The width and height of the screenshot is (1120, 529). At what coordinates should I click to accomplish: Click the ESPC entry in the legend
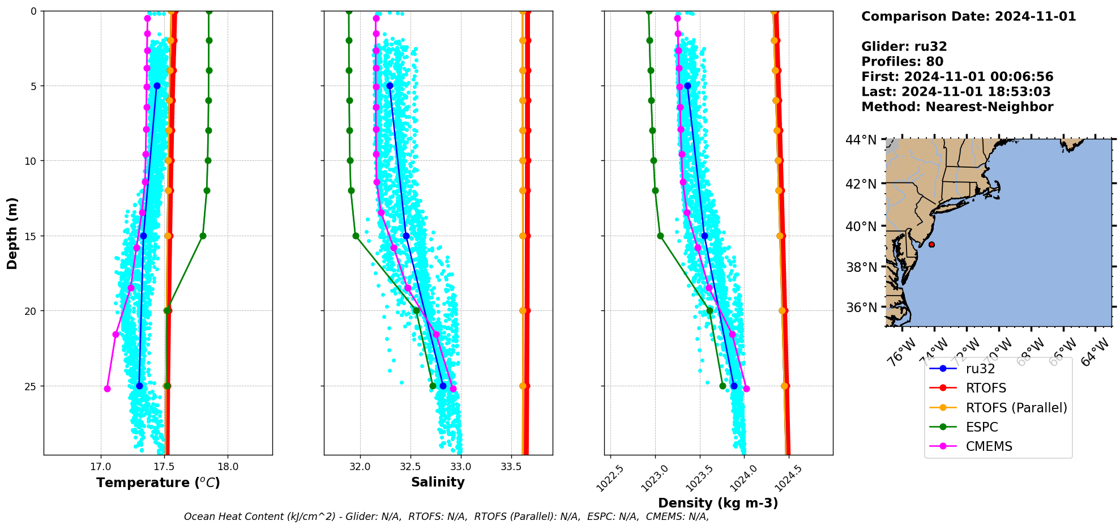(x=982, y=427)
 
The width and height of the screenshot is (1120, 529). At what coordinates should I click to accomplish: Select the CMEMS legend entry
(x=989, y=446)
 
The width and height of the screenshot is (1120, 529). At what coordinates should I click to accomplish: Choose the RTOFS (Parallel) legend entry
(x=1016, y=408)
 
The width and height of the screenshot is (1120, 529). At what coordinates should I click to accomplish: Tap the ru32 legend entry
(x=980, y=369)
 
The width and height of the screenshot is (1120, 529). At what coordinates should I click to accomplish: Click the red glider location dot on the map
(x=931, y=245)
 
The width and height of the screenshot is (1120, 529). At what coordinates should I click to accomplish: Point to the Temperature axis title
(x=158, y=483)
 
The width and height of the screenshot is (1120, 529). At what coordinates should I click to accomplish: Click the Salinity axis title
(x=438, y=482)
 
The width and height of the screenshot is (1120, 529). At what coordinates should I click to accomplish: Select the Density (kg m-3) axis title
(x=718, y=503)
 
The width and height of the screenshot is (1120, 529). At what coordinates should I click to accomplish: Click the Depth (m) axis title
(x=12, y=233)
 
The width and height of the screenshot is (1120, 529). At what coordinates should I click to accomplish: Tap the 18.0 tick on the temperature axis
(x=228, y=467)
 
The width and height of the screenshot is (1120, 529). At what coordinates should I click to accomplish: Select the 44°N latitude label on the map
(x=861, y=140)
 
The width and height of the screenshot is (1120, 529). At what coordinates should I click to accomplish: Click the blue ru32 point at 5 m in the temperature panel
(x=157, y=86)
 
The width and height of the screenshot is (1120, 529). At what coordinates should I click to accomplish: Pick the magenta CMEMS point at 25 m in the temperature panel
(x=107, y=389)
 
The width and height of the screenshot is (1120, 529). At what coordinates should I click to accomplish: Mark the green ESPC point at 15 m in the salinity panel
(x=356, y=236)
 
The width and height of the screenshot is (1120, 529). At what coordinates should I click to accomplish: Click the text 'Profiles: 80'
(x=902, y=62)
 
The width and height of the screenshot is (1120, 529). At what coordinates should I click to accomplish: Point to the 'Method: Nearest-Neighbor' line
(x=957, y=106)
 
